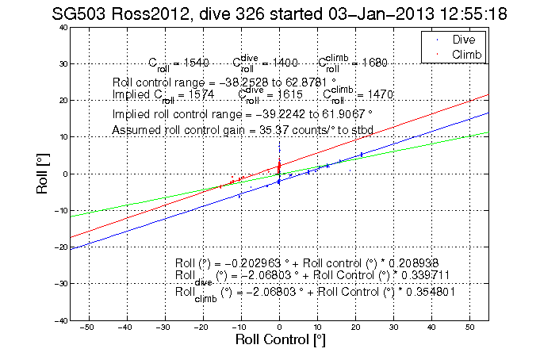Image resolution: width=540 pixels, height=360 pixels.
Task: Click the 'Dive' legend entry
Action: (464, 38)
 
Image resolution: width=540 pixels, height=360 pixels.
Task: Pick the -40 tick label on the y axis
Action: (59, 320)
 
